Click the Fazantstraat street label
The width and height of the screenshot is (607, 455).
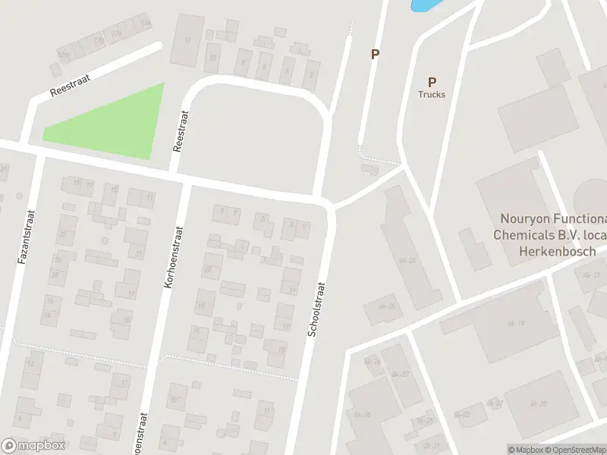(x=24, y=237)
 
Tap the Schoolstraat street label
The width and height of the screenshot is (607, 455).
(x=316, y=309)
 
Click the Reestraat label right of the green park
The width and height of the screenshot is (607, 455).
(x=181, y=131)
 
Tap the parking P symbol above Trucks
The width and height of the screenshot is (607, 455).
(x=432, y=82)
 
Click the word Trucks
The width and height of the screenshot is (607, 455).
(x=432, y=95)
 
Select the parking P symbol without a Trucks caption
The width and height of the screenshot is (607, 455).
(x=374, y=54)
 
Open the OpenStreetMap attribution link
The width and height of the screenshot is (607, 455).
(x=577, y=450)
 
